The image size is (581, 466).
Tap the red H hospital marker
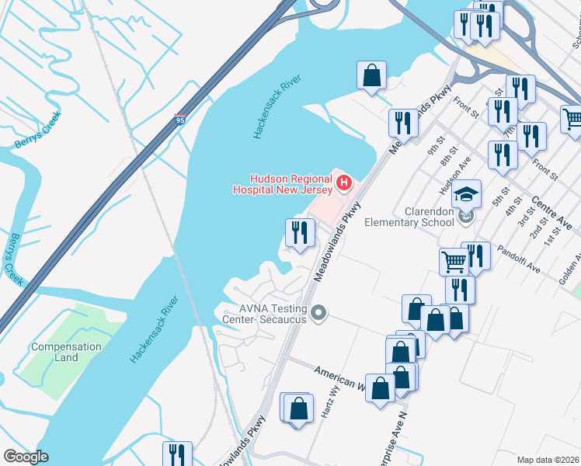[344, 184]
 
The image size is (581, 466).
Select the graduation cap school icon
[468, 193]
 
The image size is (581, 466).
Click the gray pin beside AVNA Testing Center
[318, 314]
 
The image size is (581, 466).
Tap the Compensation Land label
[66, 352]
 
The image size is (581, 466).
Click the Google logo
[26, 456]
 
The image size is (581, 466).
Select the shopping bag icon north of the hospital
[372, 76]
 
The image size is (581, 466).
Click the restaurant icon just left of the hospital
[299, 231]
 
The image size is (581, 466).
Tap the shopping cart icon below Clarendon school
[454, 262]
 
